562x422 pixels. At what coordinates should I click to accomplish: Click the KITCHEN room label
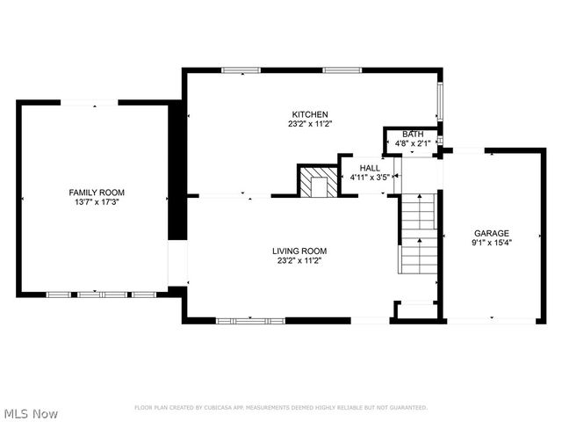tap(310, 114)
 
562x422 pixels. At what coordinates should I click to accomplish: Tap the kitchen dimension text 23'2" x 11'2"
tap(310, 124)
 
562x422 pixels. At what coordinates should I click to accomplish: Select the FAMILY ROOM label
tap(97, 192)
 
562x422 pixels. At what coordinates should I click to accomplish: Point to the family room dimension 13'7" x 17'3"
tap(97, 202)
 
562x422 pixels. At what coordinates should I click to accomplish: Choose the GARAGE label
tap(492, 233)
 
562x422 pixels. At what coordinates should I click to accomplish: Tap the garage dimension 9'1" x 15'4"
tap(492, 243)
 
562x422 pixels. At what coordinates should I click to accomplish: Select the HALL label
tap(370, 167)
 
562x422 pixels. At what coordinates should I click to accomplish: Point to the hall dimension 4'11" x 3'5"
tap(370, 177)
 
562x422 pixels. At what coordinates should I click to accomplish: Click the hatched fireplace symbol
tap(315, 183)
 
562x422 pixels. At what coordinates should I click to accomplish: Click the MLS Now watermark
tap(31, 413)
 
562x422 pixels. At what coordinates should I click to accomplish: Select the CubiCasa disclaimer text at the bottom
tap(280, 408)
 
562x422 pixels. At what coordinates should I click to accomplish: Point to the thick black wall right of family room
tap(177, 176)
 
